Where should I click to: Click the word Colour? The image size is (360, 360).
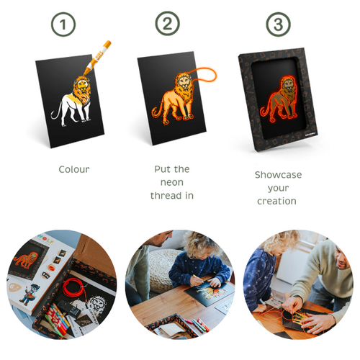pyautogui.click(x=73, y=170)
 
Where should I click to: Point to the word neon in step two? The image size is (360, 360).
pyautogui.click(x=171, y=182)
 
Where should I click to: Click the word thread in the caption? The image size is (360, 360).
pyautogui.click(x=171, y=195)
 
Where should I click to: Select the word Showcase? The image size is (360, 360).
pyautogui.click(x=278, y=175)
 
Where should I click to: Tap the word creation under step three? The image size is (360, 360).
pyautogui.click(x=277, y=201)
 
